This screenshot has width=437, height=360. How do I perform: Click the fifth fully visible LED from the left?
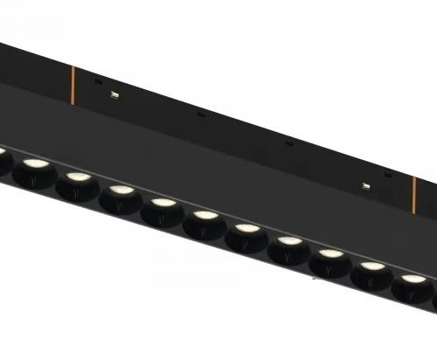click(x=202, y=218)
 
